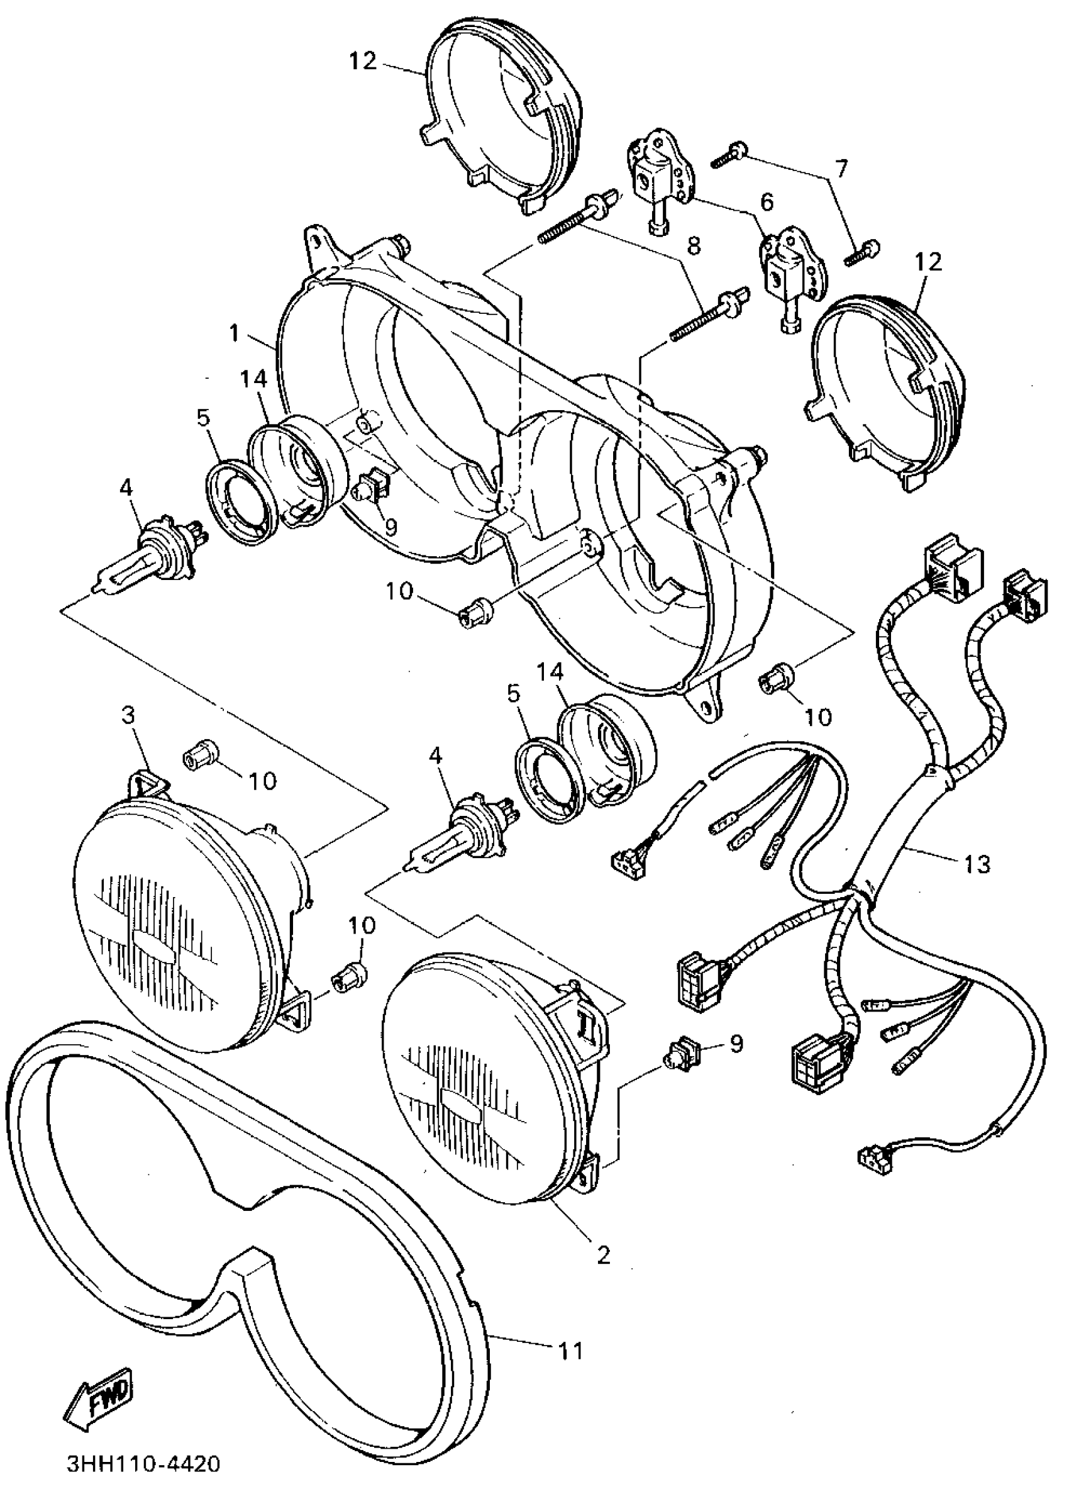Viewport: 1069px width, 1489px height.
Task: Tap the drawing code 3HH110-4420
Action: coord(143,1465)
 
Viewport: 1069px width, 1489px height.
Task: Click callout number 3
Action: coord(129,715)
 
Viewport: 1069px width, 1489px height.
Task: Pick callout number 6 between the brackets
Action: coord(767,201)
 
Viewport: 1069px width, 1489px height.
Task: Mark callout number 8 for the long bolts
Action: coord(694,245)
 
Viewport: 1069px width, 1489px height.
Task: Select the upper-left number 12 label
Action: coord(363,62)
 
